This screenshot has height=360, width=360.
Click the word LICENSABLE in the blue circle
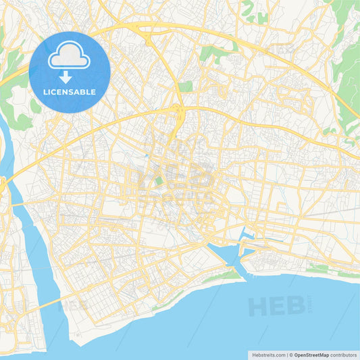(70, 92)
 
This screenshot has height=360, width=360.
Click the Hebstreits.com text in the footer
(267, 354)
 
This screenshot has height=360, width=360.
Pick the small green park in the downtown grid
(159, 180)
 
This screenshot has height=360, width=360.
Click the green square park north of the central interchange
(186, 86)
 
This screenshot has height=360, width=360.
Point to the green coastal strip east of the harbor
(317, 269)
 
